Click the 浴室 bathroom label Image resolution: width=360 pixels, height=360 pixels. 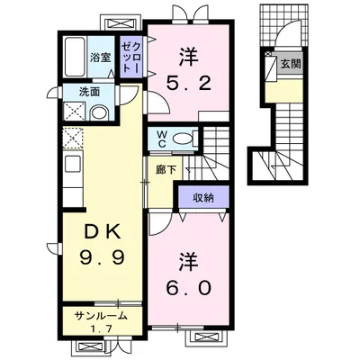pos(101,58)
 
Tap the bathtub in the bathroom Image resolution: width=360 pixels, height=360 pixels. pos(75,57)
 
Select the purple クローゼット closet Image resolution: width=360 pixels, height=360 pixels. pos(130,57)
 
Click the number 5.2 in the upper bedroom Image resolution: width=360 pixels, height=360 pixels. pos(189,84)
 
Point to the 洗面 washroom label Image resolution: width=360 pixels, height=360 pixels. pos(89,92)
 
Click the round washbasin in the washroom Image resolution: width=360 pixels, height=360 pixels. pos(99,113)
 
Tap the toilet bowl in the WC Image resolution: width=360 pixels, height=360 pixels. pos(183,139)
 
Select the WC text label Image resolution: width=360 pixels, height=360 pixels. pos(162,139)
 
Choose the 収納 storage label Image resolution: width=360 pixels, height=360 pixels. pos(203,197)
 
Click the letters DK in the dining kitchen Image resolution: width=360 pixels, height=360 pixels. pos(103,231)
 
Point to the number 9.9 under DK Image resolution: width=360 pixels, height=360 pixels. pos(102,257)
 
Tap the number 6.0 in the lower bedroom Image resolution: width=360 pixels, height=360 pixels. pos(189,288)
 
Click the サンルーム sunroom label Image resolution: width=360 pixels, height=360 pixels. pos(102,316)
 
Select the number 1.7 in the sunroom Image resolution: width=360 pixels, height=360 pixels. pos(102,328)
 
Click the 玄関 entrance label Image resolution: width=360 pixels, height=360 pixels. pos(291,64)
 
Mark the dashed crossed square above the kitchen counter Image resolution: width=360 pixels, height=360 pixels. pos(73,138)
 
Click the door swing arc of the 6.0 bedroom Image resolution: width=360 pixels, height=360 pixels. pos(163,227)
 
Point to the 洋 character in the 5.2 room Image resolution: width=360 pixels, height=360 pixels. pos(189,57)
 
